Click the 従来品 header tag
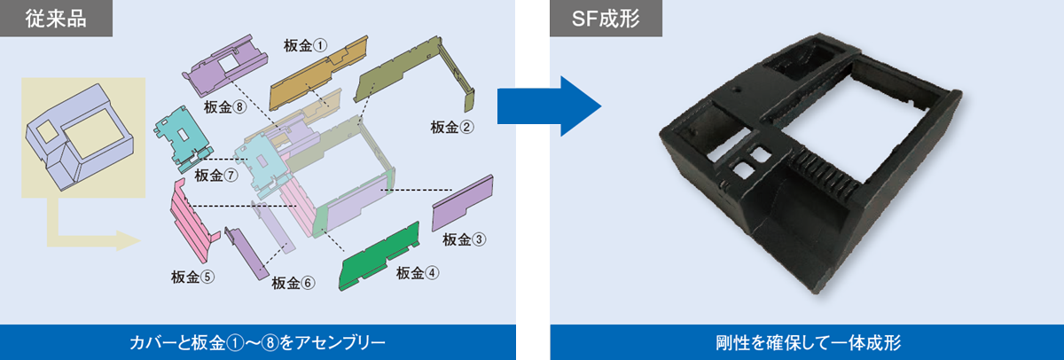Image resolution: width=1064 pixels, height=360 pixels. pos(56,18)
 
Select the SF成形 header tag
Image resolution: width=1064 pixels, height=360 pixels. pos(606,18)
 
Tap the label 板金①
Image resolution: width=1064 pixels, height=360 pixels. pos(305,45)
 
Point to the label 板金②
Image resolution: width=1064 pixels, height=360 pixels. pos(451,128)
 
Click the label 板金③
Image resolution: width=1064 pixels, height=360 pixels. pos(464,239)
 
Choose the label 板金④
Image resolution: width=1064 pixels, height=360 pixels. pos(418,273)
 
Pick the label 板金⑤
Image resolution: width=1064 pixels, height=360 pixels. pos(192,277)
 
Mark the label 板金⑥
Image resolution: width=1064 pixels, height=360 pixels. pos(293,283)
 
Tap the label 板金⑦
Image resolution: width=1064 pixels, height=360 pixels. pos(216,176)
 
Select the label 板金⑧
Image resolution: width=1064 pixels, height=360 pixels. pos(225,107)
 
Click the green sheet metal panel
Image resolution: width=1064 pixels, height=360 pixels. pos(379,257)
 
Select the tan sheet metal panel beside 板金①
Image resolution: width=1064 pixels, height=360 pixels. pos(318,74)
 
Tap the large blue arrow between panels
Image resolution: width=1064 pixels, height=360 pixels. pos(549,106)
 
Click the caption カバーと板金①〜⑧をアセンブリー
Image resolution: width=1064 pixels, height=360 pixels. pos(257,342)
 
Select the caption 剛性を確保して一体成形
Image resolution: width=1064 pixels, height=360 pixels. pos(808,342)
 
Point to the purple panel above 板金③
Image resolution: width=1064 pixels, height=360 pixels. pos(462,203)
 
